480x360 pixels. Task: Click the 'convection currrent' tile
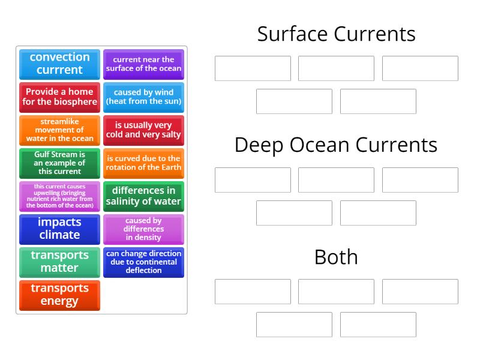(59, 64)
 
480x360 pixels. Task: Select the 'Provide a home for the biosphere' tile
(59, 97)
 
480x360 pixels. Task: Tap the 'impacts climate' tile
(59, 229)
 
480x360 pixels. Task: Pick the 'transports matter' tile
(59, 262)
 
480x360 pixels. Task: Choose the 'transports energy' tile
(59, 295)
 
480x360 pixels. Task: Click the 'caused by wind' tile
(143, 97)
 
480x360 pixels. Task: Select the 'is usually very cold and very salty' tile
(143, 130)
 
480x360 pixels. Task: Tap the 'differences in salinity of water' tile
(143, 196)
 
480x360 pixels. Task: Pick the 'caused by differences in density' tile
(143, 229)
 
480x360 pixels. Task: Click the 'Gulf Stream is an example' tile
(59, 163)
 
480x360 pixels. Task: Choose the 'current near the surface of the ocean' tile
(143, 64)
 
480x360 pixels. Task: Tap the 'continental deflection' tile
(143, 262)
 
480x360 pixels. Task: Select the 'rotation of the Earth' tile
(143, 163)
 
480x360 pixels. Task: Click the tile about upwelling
(59, 196)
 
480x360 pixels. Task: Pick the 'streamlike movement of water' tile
(59, 130)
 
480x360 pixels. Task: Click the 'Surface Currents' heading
(336, 34)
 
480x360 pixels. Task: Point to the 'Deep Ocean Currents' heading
(336, 145)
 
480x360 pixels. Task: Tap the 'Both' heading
(336, 257)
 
